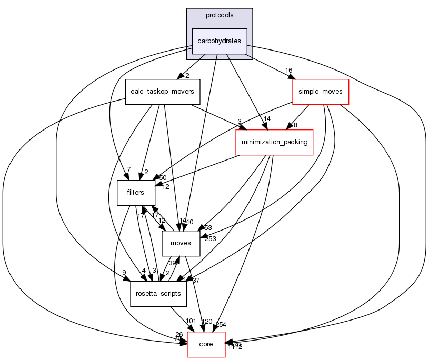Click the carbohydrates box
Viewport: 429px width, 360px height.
[219, 41]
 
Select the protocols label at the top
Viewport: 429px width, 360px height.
[220, 15]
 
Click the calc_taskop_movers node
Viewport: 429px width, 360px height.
[163, 92]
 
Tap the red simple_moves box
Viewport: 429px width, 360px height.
[320, 92]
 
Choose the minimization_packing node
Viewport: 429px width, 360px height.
[274, 142]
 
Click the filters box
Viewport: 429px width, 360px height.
[135, 193]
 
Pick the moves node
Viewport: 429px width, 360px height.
[181, 243]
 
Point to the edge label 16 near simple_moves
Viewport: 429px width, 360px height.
[288, 71]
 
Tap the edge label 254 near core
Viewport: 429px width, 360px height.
[221, 324]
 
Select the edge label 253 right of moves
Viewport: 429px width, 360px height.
[211, 239]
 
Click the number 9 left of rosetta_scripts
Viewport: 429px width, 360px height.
[124, 272]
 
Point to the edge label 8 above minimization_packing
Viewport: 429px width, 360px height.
[296, 125]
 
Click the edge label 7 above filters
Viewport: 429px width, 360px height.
[128, 169]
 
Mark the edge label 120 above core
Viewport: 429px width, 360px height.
[206, 322]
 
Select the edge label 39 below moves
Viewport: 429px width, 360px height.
[172, 263]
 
